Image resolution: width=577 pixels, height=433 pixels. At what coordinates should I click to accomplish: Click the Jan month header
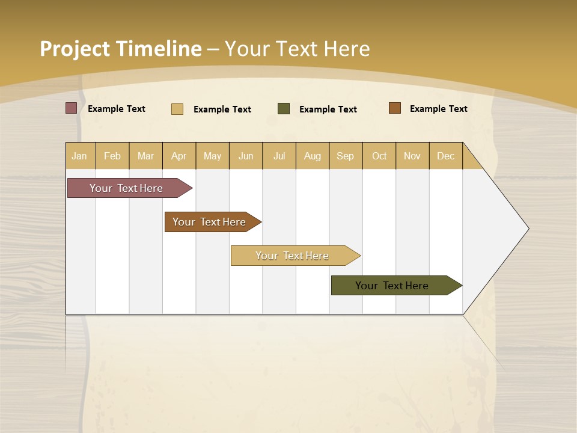pyautogui.click(x=79, y=156)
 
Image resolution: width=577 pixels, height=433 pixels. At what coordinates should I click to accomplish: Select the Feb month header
pyautogui.click(x=112, y=156)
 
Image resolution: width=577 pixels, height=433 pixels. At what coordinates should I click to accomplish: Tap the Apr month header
pyautogui.click(x=179, y=156)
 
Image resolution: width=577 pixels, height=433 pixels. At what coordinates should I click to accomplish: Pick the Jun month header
pyautogui.click(x=246, y=156)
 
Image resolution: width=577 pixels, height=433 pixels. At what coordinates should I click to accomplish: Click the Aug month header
pyautogui.click(x=313, y=156)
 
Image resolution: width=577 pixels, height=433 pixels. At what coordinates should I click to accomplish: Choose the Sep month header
pyautogui.click(x=346, y=156)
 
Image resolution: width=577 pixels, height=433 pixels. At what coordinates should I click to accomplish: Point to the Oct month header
pyautogui.click(x=379, y=156)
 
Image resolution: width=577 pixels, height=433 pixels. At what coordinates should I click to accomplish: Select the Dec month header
pyautogui.click(x=446, y=156)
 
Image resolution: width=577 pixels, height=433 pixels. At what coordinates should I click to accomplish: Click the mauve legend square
pyautogui.click(x=72, y=108)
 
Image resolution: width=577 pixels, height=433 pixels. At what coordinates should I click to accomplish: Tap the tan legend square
pyautogui.click(x=177, y=109)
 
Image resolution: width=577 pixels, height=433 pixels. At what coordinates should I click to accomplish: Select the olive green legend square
pyautogui.click(x=284, y=109)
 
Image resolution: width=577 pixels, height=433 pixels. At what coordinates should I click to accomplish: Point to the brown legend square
pyautogui.click(x=395, y=108)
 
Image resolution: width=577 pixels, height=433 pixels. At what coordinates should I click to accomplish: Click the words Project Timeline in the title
pyautogui.click(x=120, y=49)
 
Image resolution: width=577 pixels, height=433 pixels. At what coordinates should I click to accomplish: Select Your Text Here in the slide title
pyautogui.click(x=297, y=49)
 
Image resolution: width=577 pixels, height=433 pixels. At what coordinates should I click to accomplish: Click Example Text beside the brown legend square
pyautogui.click(x=438, y=109)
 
